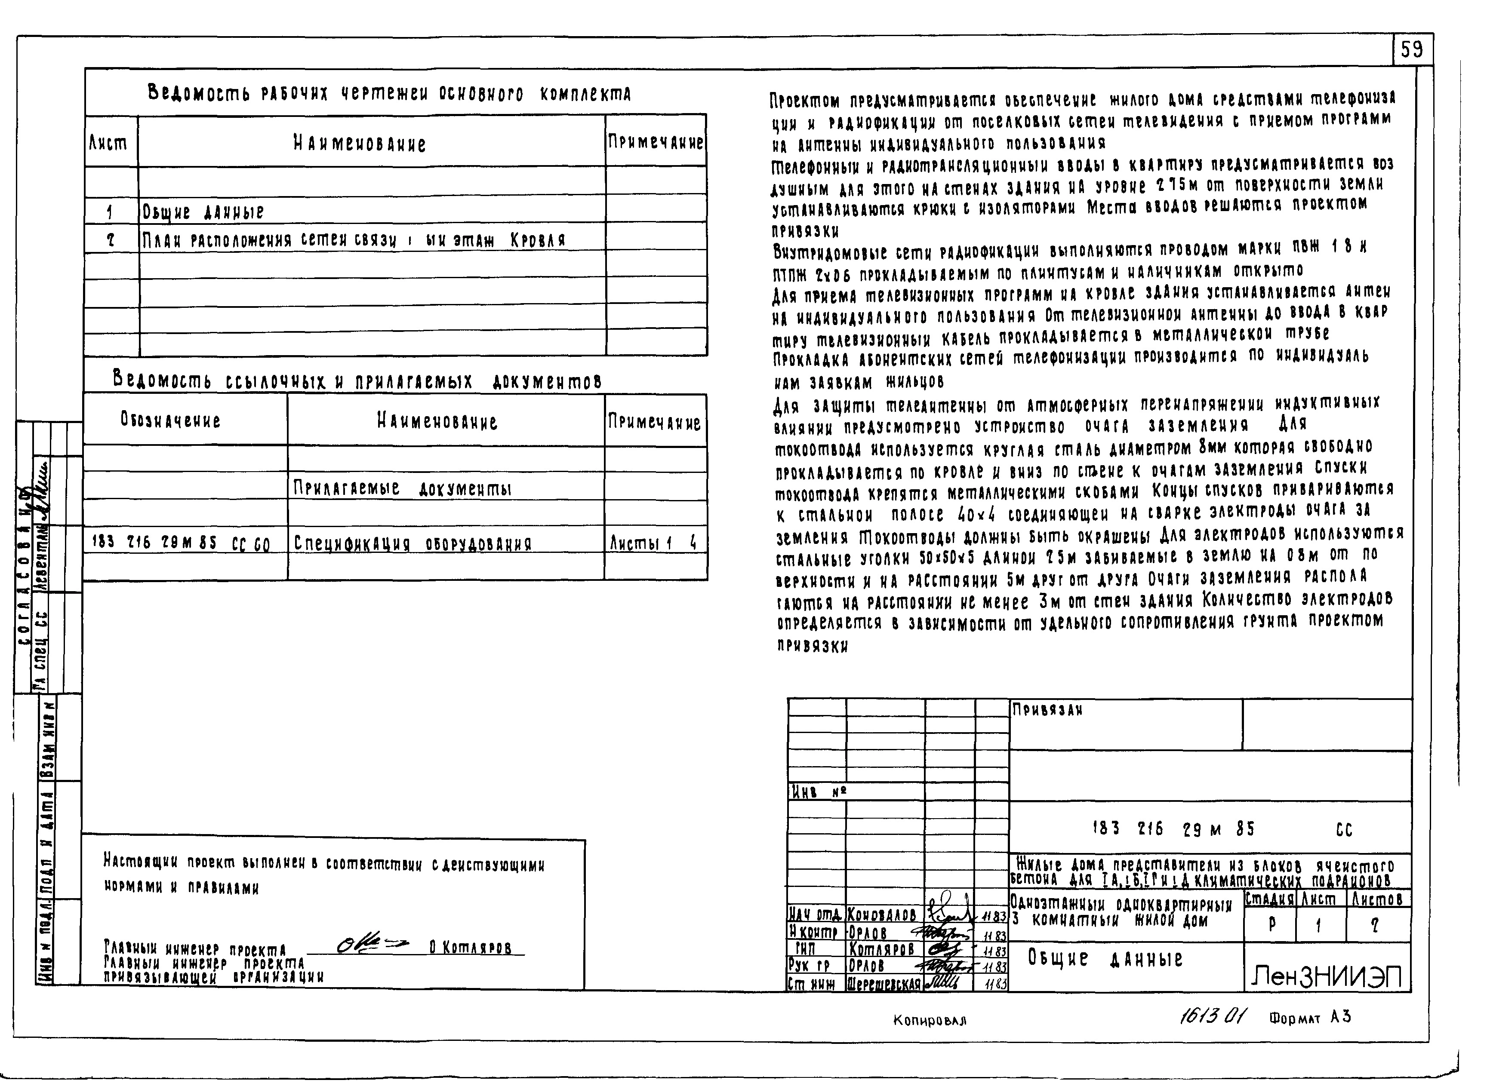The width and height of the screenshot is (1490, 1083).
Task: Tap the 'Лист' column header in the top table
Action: coord(109,142)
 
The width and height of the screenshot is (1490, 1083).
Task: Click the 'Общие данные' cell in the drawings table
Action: coord(203,212)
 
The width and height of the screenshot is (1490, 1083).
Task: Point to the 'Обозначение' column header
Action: coord(170,420)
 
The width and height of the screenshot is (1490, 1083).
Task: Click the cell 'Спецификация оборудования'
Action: coord(412,543)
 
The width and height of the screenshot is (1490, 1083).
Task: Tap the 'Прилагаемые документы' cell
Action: coord(402,488)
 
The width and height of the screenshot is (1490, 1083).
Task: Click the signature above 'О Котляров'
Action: coord(372,946)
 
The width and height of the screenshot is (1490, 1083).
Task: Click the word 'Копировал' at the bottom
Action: coord(929,1020)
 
